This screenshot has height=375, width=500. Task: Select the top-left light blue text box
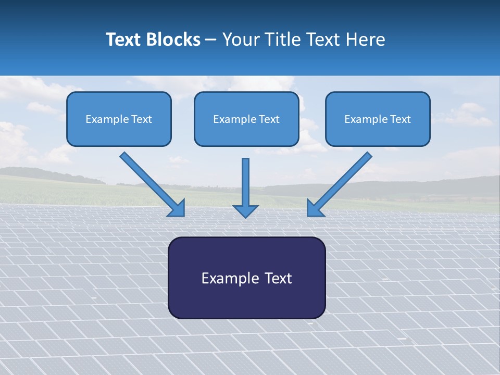click(x=119, y=119)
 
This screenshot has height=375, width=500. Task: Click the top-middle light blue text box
click(x=246, y=119)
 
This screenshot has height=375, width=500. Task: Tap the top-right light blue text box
click(x=378, y=119)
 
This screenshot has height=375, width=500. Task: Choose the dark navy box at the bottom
click(x=247, y=278)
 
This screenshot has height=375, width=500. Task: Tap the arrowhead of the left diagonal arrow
click(x=177, y=208)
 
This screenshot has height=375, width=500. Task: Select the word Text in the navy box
click(x=279, y=278)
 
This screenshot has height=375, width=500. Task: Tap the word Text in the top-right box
click(x=400, y=119)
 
